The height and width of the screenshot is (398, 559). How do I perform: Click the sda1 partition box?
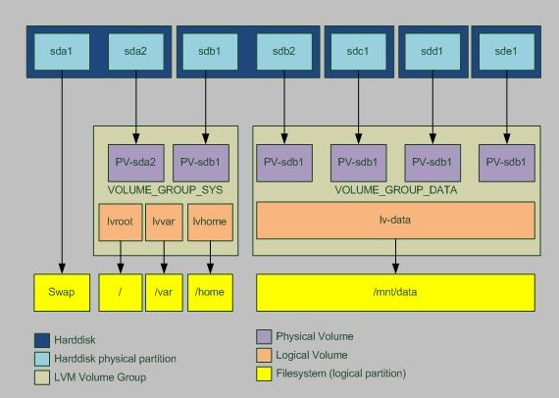[x=62, y=50]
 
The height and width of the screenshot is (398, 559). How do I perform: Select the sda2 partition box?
[x=135, y=50]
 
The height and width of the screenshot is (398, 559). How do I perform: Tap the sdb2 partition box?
[x=284, y=50]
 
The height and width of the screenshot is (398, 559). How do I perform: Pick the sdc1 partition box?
[x=358, y=50]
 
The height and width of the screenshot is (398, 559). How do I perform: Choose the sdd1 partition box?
[x=432, y=50]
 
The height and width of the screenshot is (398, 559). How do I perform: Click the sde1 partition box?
[x=506, y=50]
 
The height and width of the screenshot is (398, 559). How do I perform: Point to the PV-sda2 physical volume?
[x=135, y=162]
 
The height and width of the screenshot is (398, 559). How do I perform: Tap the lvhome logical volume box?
[x=209, y=223]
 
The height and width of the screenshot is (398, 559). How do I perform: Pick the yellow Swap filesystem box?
[x=62, y=292]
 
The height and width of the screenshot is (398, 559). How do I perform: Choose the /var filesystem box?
[x=165, y=292]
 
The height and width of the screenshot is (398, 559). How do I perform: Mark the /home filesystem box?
[x=209, y=292]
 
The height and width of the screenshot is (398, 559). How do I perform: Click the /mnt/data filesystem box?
[x=395, y=292]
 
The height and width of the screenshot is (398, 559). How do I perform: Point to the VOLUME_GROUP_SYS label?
[x=165, y=188]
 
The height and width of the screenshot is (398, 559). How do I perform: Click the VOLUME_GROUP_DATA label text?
[x=394, y=188]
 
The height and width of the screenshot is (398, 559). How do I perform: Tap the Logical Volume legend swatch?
[x=264, y=355]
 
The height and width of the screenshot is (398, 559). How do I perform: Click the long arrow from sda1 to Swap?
[x=62, y=176]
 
